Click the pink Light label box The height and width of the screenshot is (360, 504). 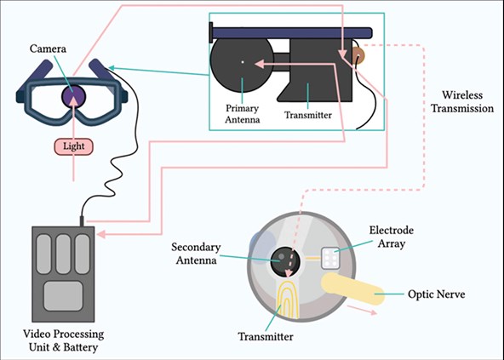(x=73, y=146)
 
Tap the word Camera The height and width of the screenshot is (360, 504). (x=48, y=49)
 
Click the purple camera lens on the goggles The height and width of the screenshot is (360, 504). (x=73, y=96)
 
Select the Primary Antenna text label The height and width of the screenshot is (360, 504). (x=243, y=114)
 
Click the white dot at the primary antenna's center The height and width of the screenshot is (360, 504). (x=243, y=62)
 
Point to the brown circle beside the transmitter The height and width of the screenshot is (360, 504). (x=358, y=55)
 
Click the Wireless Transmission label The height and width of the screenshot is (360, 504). (x=462, y=101)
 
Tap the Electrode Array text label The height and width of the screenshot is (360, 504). (x=391, y=237)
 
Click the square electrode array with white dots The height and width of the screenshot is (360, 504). (x=330, y=258)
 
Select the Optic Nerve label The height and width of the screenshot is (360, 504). (x=436, y=294)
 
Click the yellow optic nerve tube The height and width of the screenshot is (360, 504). (x=352, y=289)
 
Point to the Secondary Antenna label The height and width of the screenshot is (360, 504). (x=196, y=254)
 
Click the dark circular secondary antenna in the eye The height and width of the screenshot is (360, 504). (x=285, y=261)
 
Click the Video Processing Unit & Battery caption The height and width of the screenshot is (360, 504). (x=63, y=340)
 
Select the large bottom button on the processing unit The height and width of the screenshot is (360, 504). (x=63, y=296)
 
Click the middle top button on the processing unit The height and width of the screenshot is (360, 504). (x=63, y=254)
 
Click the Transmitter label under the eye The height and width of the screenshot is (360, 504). (x=266, y=337)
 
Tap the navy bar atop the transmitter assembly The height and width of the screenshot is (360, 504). (x=291, y=32)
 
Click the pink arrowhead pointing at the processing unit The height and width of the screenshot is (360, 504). (x=101, y=234)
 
